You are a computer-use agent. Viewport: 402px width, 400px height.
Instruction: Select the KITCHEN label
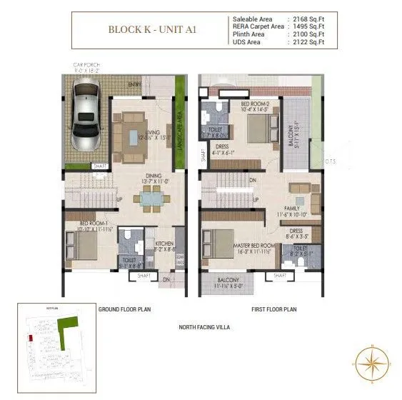pos(165,244)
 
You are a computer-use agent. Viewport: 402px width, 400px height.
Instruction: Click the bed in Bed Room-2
pos(258,129)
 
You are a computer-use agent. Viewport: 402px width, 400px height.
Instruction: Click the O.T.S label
pos(330,161)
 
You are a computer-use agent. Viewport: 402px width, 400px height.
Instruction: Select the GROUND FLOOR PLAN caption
pos(124,309)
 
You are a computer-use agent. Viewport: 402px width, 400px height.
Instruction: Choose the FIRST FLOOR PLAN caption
pos(273,309)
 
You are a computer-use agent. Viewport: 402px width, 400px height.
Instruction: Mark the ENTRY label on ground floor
pos(134,84)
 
